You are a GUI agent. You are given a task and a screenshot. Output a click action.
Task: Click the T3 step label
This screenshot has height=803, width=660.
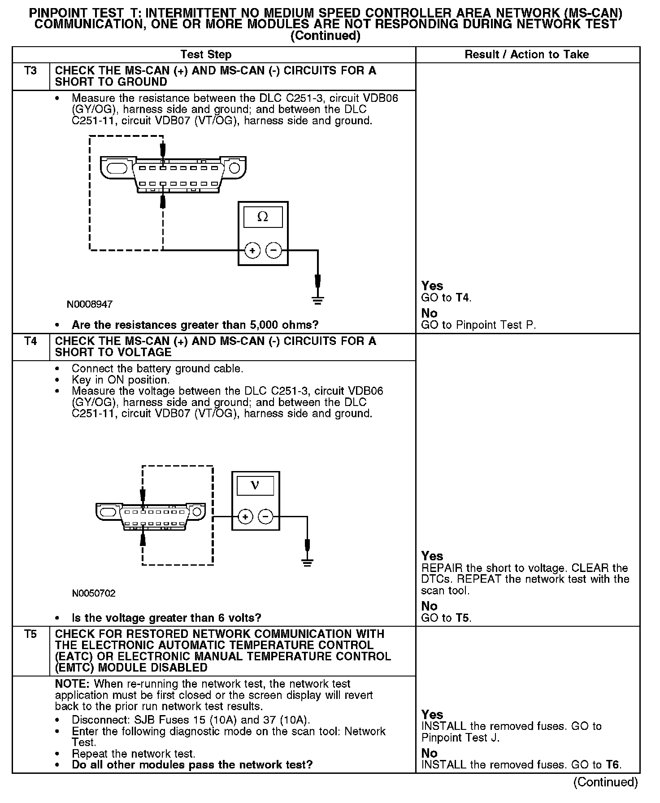[30, 71]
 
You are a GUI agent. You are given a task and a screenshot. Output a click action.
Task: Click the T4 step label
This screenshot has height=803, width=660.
[30, 341]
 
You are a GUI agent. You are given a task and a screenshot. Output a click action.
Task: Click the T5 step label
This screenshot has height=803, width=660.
[30, 634]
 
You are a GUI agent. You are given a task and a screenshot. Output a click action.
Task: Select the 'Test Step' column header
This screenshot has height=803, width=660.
[206, 55]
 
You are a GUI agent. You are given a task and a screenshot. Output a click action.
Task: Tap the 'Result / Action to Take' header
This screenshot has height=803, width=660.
[527, 55]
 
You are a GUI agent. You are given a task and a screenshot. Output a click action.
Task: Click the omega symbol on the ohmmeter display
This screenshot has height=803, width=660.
[263, 217]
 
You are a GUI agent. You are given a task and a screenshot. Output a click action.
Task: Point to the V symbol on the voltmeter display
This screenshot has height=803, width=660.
[255, 485]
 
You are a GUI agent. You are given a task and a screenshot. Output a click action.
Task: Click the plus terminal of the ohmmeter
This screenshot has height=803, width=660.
[252, 250]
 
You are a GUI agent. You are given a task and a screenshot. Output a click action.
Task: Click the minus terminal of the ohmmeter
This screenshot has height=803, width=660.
[274, 250]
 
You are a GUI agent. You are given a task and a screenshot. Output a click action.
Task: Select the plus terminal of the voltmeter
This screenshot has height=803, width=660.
[245, 517]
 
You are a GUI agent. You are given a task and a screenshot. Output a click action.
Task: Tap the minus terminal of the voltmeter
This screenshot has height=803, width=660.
[266, 517]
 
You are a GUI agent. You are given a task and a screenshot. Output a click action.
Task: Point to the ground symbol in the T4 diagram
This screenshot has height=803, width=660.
[307, 563]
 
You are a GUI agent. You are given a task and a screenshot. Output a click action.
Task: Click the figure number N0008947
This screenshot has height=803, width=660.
[90, 305]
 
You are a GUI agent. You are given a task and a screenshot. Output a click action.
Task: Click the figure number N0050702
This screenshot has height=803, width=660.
[94, 594]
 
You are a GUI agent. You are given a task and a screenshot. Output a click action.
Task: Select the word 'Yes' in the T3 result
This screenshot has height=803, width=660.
[432, 286]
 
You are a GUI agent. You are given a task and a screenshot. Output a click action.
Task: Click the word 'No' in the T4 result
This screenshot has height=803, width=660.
[429, 606]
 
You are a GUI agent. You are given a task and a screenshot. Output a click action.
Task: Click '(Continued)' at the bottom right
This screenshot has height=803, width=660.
[605, 782]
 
